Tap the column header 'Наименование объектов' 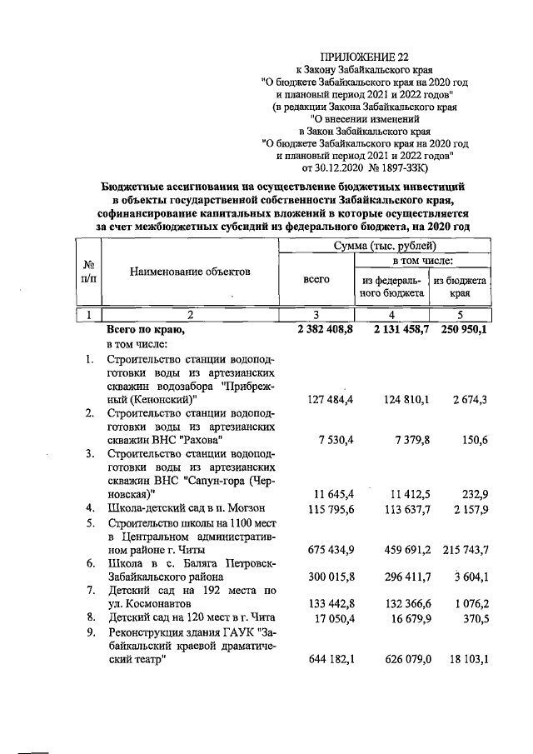(189, 272)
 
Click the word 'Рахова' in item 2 (200, 438)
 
